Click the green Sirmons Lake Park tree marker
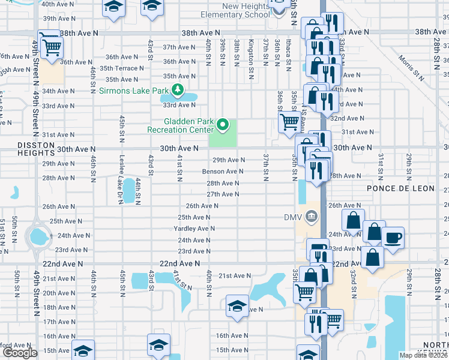click(x=177, y=91)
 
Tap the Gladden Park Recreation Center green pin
click(x=223, y=125)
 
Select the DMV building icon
click(x=310, y=216)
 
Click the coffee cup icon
click(x=393, y=238)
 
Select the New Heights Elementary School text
click(x=237, y=10)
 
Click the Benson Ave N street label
click(x=222, y=172)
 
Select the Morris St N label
click(x=412, y=67)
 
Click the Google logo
click(x=20, y=352)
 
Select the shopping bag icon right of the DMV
click(x=354, y=221)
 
